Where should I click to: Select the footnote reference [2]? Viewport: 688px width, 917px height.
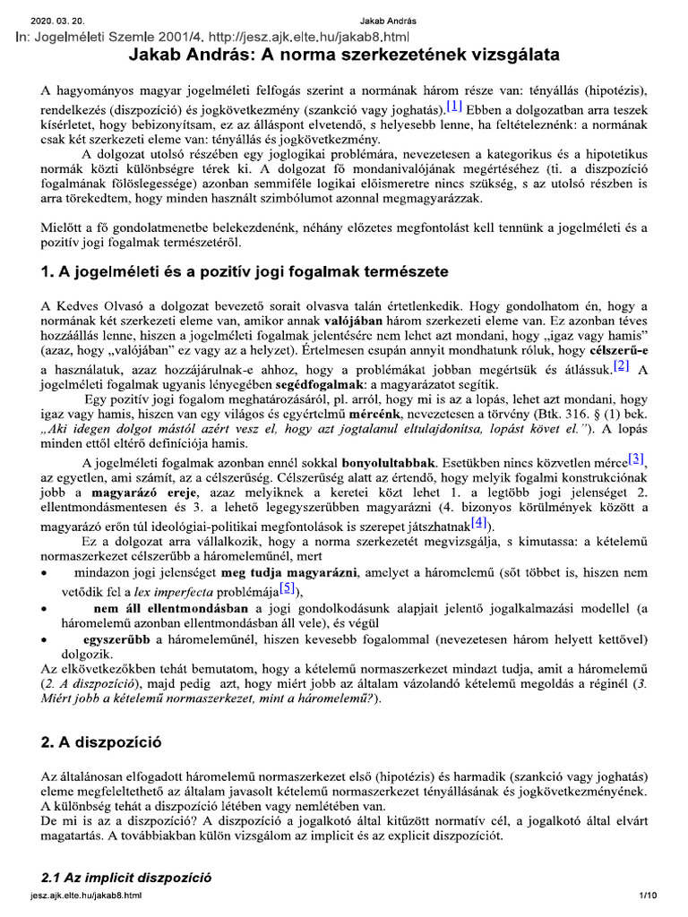point(623,364)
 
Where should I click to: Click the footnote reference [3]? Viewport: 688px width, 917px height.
point(635,458)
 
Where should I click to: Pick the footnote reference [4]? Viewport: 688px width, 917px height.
point(480,522)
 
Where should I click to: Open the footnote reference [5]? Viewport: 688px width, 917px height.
point(287,587)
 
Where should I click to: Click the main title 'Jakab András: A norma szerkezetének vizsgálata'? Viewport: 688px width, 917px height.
point(345,56)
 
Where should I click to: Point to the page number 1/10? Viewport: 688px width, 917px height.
point(648,895)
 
